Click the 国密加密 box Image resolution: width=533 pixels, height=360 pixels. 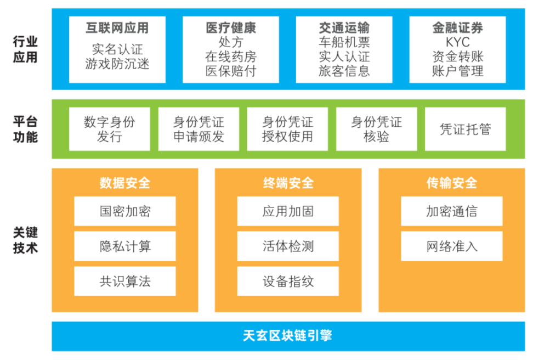pos(125,211)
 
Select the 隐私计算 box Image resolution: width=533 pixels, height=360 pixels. pos(125,246)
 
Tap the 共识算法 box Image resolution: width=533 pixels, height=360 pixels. pos(125,281)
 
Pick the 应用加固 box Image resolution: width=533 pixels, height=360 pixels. pos(288,211)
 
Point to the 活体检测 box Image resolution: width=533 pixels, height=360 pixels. pos(288,246)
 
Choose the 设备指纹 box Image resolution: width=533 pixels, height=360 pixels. pos(288,281)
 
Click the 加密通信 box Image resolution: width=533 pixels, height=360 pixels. pos(452,211)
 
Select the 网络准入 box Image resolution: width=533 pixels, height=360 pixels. pos(452,246)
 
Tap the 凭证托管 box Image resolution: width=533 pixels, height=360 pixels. pos(466,129)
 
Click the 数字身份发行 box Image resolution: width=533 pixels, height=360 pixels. pos(110,129)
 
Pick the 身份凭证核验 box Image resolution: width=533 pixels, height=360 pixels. pos(377,129)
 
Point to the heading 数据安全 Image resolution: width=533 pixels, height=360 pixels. pos(125,183)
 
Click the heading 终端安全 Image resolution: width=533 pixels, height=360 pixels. pos(288,183)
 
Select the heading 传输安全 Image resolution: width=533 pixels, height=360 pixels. pos(452,183)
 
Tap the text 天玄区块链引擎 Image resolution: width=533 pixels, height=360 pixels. pos(287,335)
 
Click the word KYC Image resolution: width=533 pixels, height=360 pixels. pos(457,42)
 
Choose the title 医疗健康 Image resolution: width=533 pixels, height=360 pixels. pos(231,27)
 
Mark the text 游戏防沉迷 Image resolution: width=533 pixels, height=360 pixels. pos(117,64)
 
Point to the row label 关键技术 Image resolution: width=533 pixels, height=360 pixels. pos(25,240)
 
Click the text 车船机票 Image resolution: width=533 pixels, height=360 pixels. pos(344,42)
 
